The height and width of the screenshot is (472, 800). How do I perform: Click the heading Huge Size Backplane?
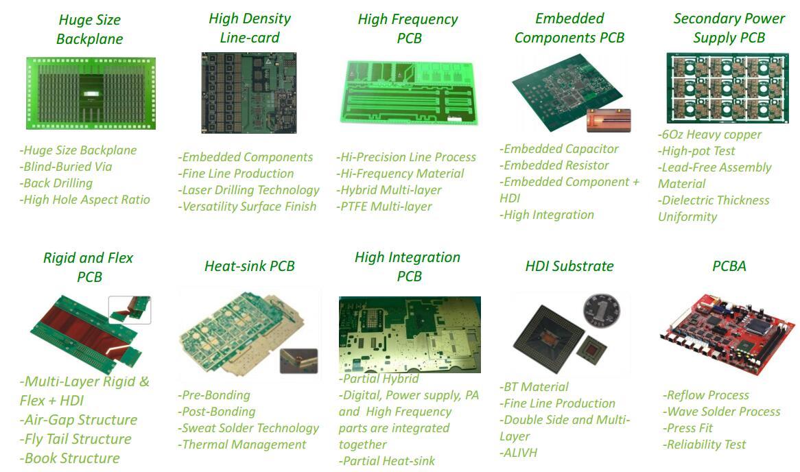[x=90, y=29]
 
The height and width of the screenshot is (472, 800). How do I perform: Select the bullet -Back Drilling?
[x=57, y=183]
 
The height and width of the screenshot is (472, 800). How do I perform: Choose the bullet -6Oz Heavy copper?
[x=709, y=134]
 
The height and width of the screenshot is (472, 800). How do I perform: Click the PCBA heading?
[x=729, y=265]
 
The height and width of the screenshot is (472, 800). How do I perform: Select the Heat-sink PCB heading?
[x=249, y=266]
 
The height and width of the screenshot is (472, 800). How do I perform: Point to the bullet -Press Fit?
[x=688, y=428]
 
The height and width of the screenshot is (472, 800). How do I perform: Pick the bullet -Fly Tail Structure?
[x=75, y=439]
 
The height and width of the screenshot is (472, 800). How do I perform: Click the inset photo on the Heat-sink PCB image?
[x=298, y=360]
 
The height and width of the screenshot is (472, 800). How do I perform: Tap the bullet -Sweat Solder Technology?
[x=248, y=428]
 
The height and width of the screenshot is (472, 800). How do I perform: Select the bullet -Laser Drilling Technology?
[x=249, y=190]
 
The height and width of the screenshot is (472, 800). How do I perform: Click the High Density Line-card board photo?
[x=248, y=93]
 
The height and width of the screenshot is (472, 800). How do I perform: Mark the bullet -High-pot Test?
[x=696, y=151]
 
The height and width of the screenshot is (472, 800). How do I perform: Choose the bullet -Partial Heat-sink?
[x=387, y=461]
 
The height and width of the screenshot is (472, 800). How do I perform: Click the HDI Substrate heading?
[x=569, y=266]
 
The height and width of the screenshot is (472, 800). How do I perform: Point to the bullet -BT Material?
[x=534, y=387]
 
